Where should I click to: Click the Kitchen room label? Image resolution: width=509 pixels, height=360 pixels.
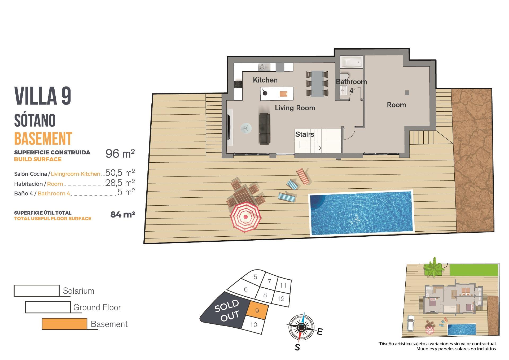(x=265, y=80)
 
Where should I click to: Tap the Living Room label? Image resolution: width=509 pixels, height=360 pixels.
(x=295, y=108)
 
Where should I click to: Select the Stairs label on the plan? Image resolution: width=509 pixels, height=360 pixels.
(x=305, y=134)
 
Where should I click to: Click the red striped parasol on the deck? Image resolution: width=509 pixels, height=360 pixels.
(x=245, y=217)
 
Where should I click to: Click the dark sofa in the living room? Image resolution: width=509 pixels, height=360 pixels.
(x=264, y=129)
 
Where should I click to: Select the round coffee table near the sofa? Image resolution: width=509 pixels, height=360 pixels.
(x=246, y=128)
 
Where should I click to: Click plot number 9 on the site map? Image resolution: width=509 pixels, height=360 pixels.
(x=257, y=311)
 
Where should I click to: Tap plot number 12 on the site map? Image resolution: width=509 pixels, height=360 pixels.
(x=281, y=299)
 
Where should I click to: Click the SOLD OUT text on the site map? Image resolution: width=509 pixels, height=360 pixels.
(x=227, y=310)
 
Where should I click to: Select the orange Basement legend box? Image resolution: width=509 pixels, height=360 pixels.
(x=64, y=324)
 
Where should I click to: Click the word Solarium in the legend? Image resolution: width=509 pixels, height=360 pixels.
(x=78, y=291)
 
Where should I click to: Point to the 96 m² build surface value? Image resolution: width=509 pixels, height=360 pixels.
(x=120, y=154)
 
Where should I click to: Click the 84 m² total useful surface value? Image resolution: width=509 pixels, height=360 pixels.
(x=122, y=214)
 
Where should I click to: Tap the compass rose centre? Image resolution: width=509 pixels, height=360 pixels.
(x=301, y=328)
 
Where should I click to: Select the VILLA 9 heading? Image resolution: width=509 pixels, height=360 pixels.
(x=43, y=96)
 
